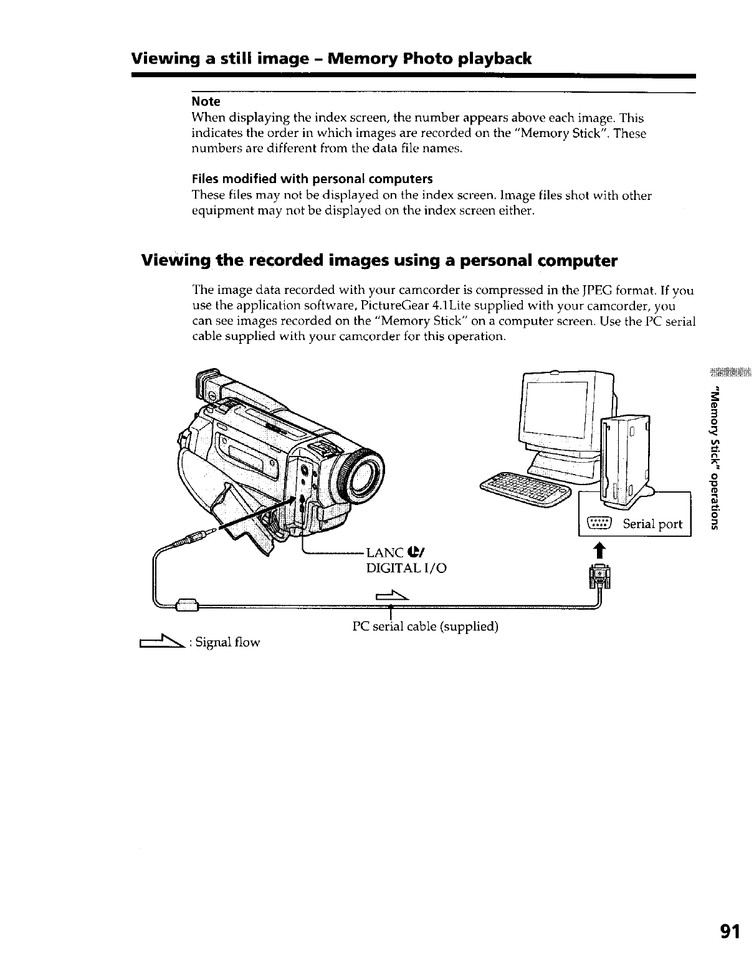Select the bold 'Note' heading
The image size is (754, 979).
(206, 101)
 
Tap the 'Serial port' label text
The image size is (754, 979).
(653, 523)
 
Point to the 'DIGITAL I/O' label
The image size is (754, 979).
(406, 568)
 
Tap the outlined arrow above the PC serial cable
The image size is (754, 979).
(391, 597)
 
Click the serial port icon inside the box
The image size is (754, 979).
(602, 523)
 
